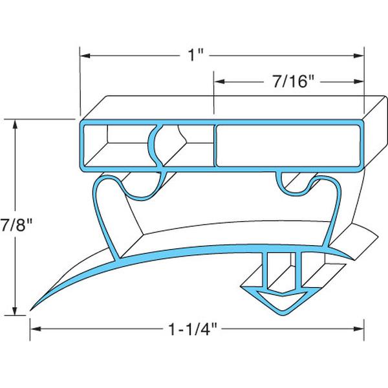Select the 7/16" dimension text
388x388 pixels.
[x=290, y=82]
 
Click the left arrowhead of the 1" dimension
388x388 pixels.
[x=85, y=56]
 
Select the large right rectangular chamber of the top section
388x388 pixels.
[x=288, y=146]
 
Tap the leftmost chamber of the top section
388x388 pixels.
[x=116, y=146]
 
